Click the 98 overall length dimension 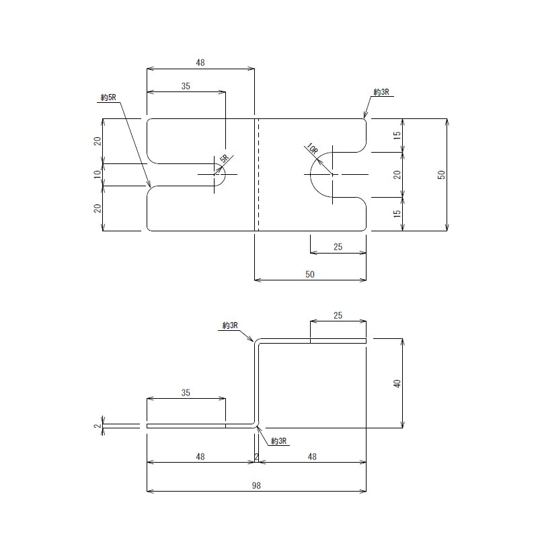(x=256, y=486)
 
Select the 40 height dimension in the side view (x=397, y=383)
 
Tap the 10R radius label (x=312, y=149)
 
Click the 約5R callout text (x=108, y=98)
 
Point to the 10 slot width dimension (x=98, y=174)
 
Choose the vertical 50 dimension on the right (x=442, y=175)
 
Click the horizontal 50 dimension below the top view (x=310, y=274)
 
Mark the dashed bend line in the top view (x=258, y=175)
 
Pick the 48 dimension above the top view (x=200, y=63)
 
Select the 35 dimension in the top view (x=186, y=86)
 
